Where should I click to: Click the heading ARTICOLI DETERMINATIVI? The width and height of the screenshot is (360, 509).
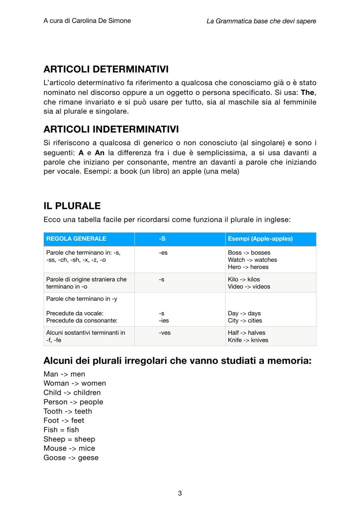coord(106,69)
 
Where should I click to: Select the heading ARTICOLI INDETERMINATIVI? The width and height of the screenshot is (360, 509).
coord(111,129)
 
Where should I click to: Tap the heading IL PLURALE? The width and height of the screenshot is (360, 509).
coord(72,206)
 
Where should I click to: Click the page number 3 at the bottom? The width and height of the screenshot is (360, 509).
coord(180,493)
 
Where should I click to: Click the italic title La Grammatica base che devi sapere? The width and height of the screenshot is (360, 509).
coord(261,21)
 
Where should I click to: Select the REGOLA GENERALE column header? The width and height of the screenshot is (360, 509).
coord(76,239)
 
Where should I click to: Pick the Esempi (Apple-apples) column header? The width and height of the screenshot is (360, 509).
coord(260,239)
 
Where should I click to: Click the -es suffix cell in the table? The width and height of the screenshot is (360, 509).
coord(163,253)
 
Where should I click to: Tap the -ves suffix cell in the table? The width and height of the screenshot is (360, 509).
coord(165,333)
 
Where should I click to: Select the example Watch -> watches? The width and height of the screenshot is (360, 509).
coord(252,260)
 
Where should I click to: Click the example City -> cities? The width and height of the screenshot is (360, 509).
coord(245,320)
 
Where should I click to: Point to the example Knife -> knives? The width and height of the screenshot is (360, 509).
coord(248,340)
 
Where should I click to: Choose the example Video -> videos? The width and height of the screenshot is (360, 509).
coord(249,286)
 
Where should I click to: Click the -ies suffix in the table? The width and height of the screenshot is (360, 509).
coord(164,320)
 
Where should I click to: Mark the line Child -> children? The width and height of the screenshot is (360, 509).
coord(72,392)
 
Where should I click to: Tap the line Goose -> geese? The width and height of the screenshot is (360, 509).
coord(71,458)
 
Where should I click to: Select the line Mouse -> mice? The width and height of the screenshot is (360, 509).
coord(69,448)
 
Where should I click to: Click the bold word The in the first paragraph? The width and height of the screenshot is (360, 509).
coord(308,92)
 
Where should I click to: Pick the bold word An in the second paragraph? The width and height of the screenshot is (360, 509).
coord(100,153)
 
